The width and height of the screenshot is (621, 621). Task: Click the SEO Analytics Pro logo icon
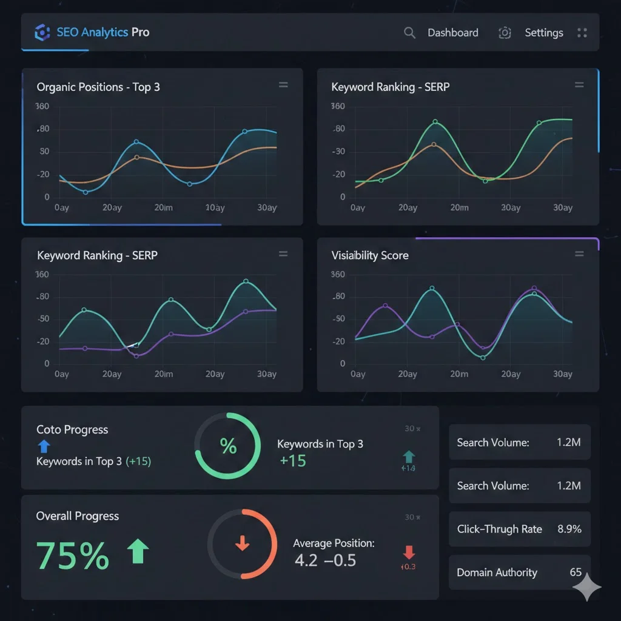(42, 32)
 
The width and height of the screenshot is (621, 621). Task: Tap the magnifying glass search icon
(410, 33)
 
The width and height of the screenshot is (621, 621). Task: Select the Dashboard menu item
(452, 33)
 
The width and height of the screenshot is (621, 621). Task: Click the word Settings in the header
(543, 33)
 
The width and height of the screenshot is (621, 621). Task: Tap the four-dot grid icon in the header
(582, 33)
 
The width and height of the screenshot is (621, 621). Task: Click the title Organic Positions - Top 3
(98, 87)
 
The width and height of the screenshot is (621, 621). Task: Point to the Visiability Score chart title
(370, 255)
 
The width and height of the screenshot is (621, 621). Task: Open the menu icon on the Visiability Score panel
(579, 254)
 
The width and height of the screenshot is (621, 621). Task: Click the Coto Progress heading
(72, 429)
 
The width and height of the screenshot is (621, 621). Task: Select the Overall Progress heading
(78, 516)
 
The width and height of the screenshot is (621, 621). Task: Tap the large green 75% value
(73, 556)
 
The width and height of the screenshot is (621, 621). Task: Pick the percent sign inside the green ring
(228, 447)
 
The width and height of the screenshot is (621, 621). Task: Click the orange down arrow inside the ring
(242, 543)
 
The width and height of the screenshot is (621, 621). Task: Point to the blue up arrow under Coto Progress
(44, 447)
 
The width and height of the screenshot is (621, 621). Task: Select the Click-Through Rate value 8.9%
(569, 529)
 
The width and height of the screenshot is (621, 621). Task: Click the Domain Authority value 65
(575, 572)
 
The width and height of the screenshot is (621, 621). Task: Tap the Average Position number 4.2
(306, 560)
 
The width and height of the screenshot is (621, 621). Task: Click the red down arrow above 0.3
(409, 552)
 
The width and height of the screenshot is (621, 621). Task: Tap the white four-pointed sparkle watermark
(586, 587)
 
